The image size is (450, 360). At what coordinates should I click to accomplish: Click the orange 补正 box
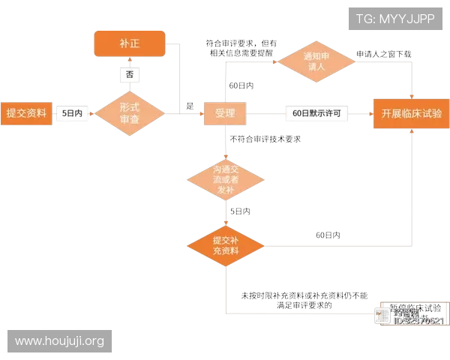(129, 44)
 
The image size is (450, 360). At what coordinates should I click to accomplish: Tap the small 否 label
(130, 75)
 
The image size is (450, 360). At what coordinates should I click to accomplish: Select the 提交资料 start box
(26, 113)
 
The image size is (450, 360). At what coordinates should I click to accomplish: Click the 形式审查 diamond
(129, 114)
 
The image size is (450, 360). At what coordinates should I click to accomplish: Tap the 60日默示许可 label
(316, 114)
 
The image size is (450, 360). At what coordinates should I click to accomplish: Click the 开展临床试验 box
(411, 114)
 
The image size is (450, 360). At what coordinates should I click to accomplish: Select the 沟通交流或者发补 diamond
(225, 179)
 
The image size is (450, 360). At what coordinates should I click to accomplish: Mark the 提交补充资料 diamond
(225, 245)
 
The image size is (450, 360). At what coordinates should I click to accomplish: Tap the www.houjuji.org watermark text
(59, 341)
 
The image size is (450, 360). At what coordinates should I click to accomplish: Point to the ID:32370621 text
(418, 321)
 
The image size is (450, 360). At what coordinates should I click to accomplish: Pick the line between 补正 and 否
(129, 62)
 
